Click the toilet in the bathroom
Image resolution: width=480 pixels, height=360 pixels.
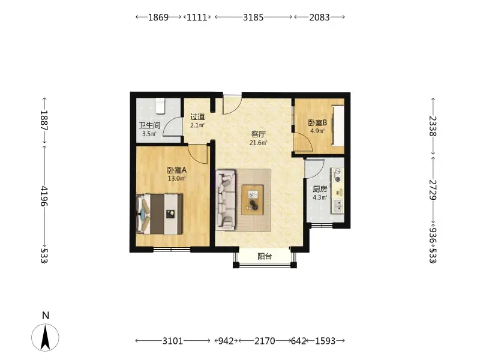160,106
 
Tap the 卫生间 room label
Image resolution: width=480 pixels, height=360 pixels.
149,125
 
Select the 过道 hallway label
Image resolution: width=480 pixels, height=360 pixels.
197,117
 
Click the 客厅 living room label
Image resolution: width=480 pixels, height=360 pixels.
259,134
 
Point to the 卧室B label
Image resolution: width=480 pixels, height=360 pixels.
317,123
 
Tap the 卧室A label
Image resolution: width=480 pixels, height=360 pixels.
176,170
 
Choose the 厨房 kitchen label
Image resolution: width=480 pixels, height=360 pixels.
320,189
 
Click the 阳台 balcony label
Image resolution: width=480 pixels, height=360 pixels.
265,256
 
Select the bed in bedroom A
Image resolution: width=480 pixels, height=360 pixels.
160,214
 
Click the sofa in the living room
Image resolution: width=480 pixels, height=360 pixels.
226,200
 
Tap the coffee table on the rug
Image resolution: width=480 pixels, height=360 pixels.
252,200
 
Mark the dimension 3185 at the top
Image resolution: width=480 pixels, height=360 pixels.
253,17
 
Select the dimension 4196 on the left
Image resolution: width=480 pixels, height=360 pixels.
44,196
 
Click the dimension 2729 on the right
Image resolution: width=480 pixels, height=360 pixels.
433,190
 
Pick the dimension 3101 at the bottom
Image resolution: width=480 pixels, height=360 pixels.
173,341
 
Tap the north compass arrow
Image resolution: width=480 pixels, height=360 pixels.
46,337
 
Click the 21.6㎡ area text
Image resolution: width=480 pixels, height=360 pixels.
259,143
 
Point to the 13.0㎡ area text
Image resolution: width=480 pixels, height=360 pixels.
176,178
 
